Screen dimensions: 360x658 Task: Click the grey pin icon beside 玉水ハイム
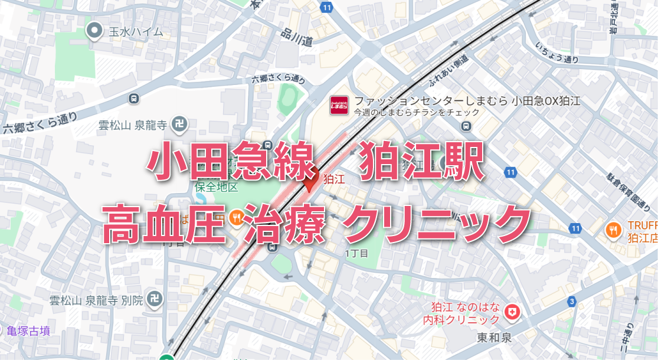(x=94, y=31)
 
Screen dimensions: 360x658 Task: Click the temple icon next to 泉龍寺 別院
(x=155, y=300)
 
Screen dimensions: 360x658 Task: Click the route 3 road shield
(x=571, y=302)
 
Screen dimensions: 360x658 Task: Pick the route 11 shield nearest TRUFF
(x=576, y=228)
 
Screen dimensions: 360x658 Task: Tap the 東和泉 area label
(x=495, y=338)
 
